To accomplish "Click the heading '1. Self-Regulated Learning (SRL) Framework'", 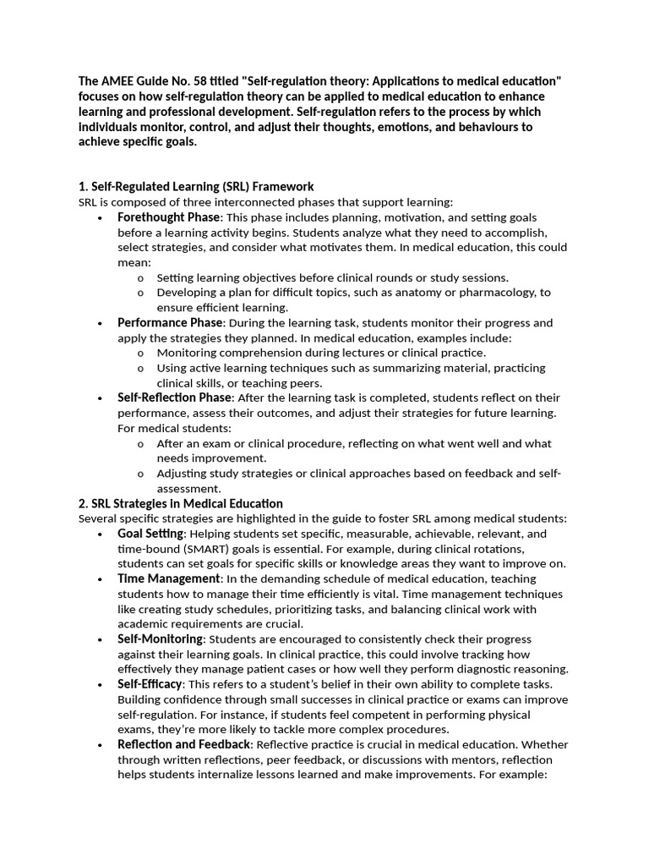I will [196, 186].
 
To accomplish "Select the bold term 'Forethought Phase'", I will [168, 217].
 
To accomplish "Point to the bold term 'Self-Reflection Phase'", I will [174, 397].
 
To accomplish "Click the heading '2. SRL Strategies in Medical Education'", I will [180, 503].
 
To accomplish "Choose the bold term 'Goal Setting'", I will [150, 534].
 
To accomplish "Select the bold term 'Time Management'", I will [168, 578].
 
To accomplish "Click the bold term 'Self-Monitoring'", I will [160, 639].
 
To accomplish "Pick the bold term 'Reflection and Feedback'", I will [184, 744].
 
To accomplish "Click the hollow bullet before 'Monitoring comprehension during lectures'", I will [139, 353].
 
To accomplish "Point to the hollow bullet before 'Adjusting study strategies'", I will [139, 474].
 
